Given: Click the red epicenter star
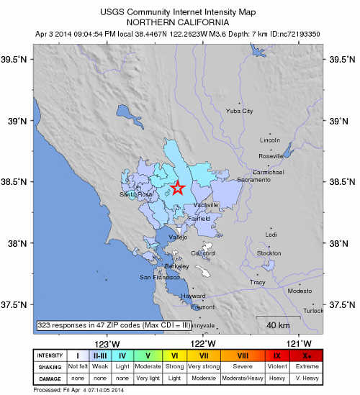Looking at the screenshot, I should [x=178, y=189].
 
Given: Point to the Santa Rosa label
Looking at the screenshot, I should [x=137, y=194].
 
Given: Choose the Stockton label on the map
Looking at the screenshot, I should [x=269, y=253].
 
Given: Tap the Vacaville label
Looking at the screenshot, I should [x=207, y=205].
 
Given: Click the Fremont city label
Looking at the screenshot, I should [x=203, y=307].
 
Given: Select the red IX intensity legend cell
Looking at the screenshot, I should [x=277, y=354].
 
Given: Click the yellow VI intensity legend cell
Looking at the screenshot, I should [x=174, y=354].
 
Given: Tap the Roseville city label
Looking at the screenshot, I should [x=271, y=155].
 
